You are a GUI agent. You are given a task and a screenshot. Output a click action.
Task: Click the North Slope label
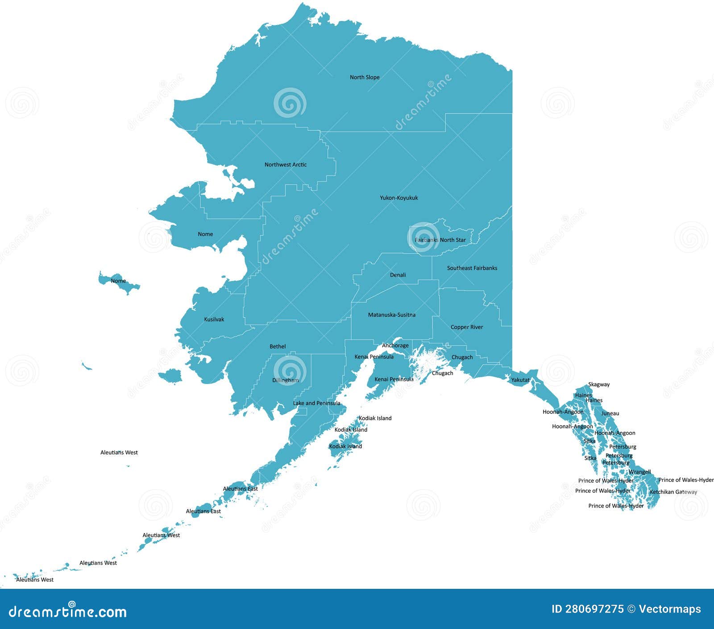365,77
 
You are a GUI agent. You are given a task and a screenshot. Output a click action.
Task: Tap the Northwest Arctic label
286,165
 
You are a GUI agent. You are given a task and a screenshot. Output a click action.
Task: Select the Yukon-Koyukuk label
399,198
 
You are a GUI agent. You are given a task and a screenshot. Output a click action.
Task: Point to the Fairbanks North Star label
440,240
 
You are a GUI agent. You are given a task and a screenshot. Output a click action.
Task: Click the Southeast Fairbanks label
472,268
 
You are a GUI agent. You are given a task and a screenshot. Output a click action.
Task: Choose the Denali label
398,275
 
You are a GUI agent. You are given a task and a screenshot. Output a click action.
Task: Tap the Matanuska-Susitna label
392,315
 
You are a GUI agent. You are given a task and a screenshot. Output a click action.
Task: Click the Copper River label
467,327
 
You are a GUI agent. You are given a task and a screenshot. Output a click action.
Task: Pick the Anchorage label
395,346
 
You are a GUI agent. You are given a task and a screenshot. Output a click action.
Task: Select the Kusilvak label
214,320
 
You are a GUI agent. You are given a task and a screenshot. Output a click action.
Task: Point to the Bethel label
278,346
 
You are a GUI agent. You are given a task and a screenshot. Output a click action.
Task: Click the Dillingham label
286,380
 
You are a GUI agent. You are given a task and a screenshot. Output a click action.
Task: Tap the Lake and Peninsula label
317,403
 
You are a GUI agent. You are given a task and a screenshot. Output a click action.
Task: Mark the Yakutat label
520,380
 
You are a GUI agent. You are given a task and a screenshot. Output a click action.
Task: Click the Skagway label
599,384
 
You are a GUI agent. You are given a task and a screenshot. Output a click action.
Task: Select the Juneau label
610,413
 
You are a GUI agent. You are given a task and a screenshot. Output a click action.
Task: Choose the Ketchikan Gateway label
673,492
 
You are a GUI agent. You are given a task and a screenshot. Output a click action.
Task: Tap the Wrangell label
640,472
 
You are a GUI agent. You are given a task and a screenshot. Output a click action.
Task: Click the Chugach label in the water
443,373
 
